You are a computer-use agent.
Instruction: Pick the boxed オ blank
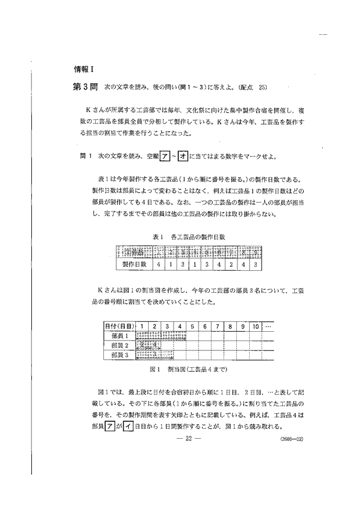coord(167,157)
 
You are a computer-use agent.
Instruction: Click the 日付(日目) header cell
coord(120,327)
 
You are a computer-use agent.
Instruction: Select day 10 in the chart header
coord(257,327)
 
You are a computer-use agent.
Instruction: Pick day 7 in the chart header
coord(217,327)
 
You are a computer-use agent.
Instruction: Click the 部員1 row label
coord(119,336)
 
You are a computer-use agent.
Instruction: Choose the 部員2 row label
coord(119,346)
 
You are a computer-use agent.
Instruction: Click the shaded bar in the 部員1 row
coord(161,336)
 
